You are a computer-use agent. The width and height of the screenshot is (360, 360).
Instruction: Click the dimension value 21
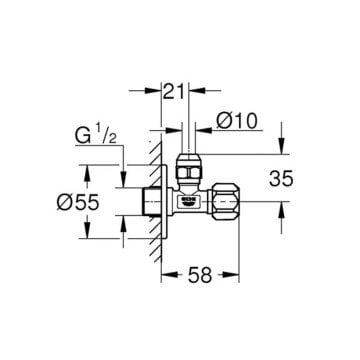[174, 91]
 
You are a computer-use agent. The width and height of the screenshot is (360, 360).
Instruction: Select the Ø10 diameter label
[237, 121]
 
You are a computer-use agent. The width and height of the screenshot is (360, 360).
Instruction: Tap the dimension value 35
[281, 178]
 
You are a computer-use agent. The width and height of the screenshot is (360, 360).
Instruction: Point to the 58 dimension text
[200, 275]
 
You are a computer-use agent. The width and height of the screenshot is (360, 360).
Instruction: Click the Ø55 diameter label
[78, 202]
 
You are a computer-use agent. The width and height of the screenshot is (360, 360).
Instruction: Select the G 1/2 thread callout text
[95, 136]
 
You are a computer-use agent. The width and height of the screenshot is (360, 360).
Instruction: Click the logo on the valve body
[189, 200]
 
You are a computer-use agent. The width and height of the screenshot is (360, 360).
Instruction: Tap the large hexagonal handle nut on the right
[226, 201]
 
